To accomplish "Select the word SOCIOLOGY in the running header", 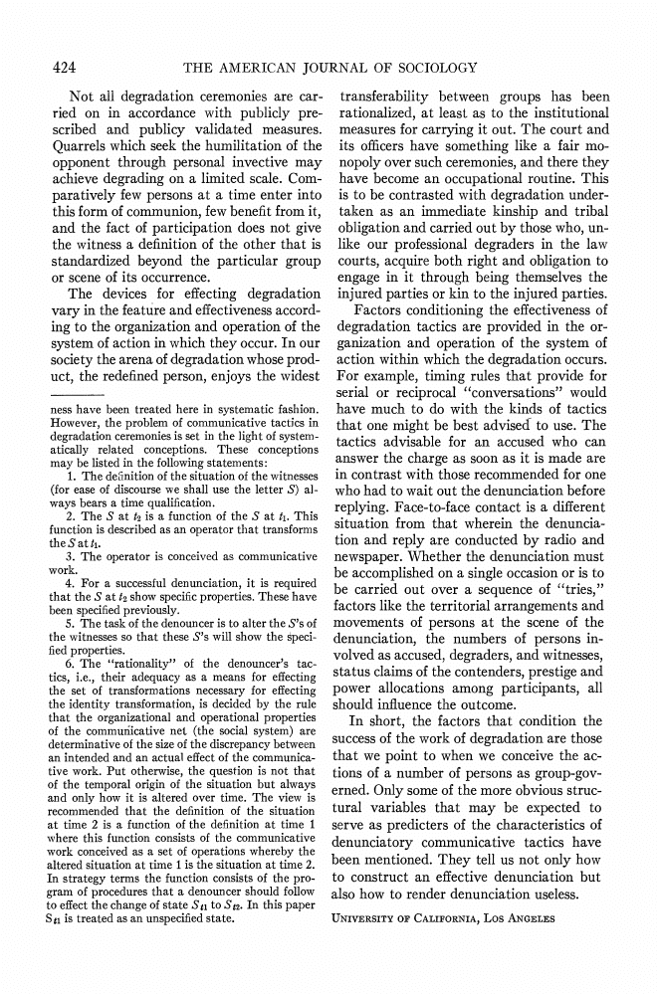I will tap(431, 68).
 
